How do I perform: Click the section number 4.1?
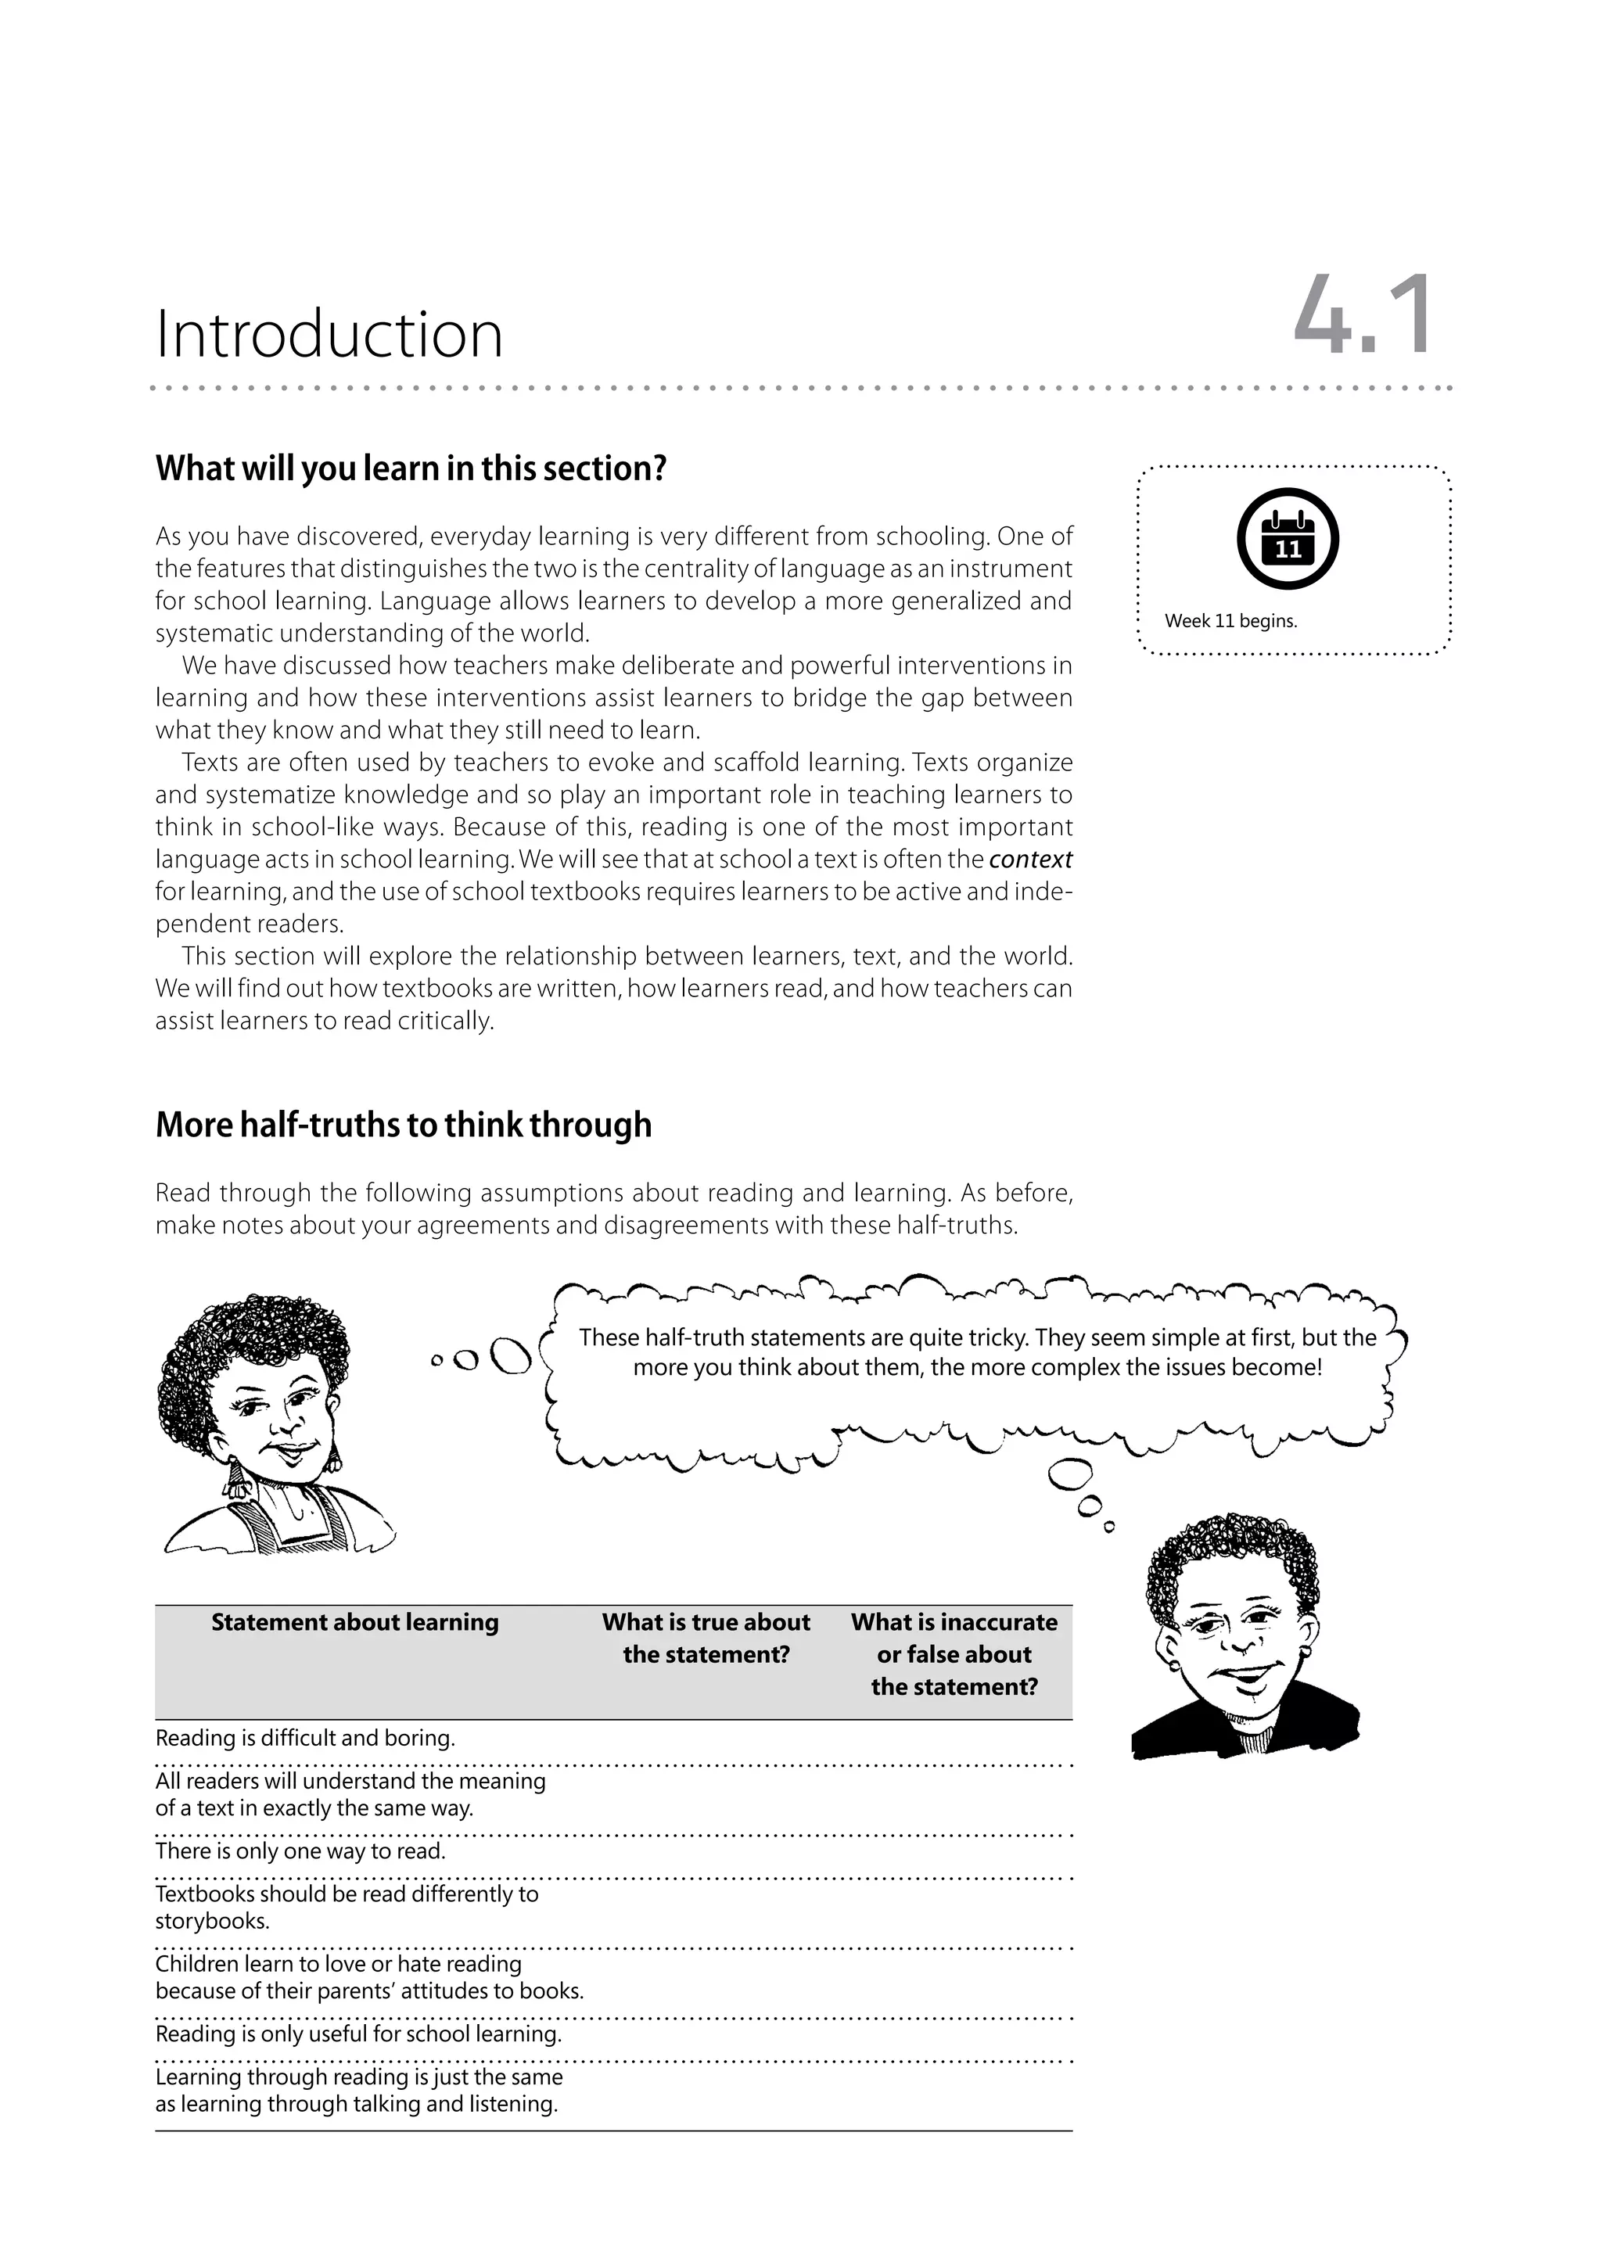[1363, 318]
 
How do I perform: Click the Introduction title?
[329, 335]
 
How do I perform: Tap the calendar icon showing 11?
[1288, 539]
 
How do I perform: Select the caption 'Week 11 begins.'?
[1230, 622]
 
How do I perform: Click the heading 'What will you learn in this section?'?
[411, 468]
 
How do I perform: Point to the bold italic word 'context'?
[1030, 860]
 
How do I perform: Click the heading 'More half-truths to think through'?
[404, 1125]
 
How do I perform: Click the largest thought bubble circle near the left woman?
[511, 1356]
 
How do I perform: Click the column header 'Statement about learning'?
[355, 1623]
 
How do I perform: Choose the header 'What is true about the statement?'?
[706, 1639]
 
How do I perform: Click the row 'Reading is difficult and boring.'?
[306, 1738]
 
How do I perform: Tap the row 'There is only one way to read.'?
[301, 1850]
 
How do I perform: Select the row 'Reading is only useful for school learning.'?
[358, 2034]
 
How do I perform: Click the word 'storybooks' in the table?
[211, 1922]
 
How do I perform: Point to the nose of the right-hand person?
[1244, 1646]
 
